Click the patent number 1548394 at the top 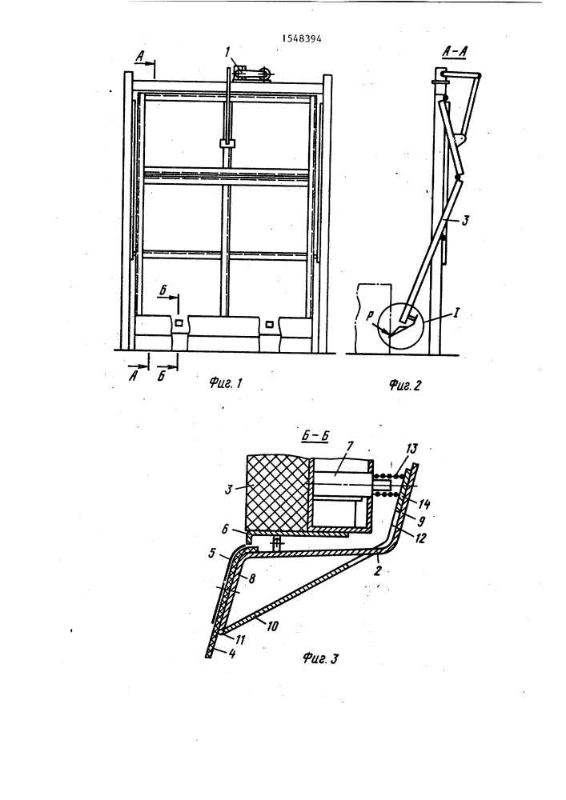click(302, 38)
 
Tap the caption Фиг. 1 click(225, 382)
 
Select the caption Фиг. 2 click(405, 386)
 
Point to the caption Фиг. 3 click(320, 658)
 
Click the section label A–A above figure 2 click(456, 52)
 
